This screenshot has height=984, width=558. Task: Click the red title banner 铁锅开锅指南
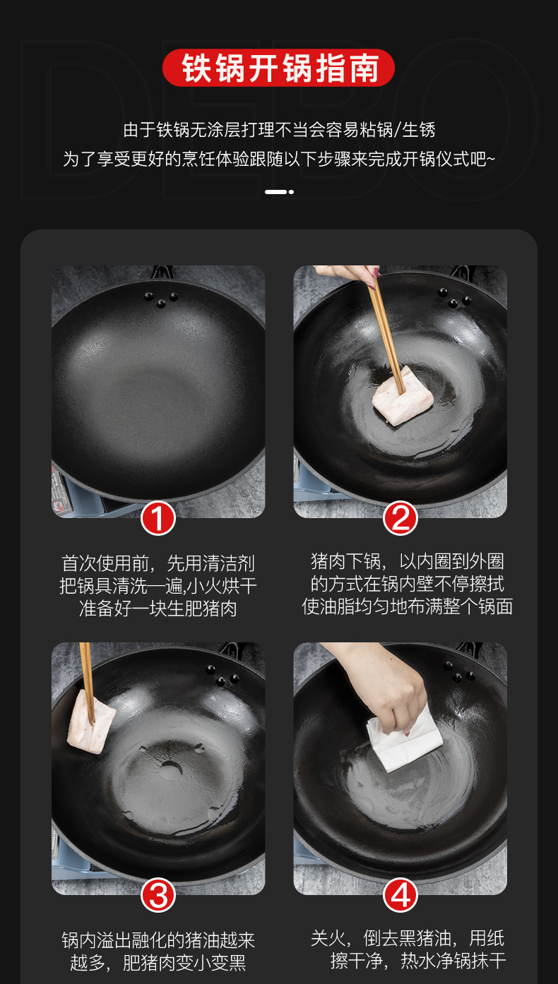(x=278, y=68)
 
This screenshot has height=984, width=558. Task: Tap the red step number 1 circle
(x=158, y=518)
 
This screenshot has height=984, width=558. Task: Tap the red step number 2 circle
(x=400, y=518)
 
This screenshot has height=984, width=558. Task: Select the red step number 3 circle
(x=158, y=895)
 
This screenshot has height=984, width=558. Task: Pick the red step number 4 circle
(x=400, y=895)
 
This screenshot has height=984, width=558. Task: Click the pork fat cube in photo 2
(x=403, y=395)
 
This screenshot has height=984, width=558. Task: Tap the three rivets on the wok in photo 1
(x=161, y=299)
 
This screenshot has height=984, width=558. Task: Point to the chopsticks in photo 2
(x=386, y=330)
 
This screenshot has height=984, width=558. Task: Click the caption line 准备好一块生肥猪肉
(x=158, y=608)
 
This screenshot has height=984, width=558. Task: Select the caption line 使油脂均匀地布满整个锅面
(x=407, y=606)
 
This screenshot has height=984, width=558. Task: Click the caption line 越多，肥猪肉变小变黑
(x=158, y=963)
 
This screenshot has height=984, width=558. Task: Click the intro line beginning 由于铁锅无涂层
(x=279, y=130)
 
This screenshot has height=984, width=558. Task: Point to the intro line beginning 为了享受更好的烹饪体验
(x=279, y=159)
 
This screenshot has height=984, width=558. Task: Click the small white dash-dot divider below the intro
(x=279, y=192)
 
